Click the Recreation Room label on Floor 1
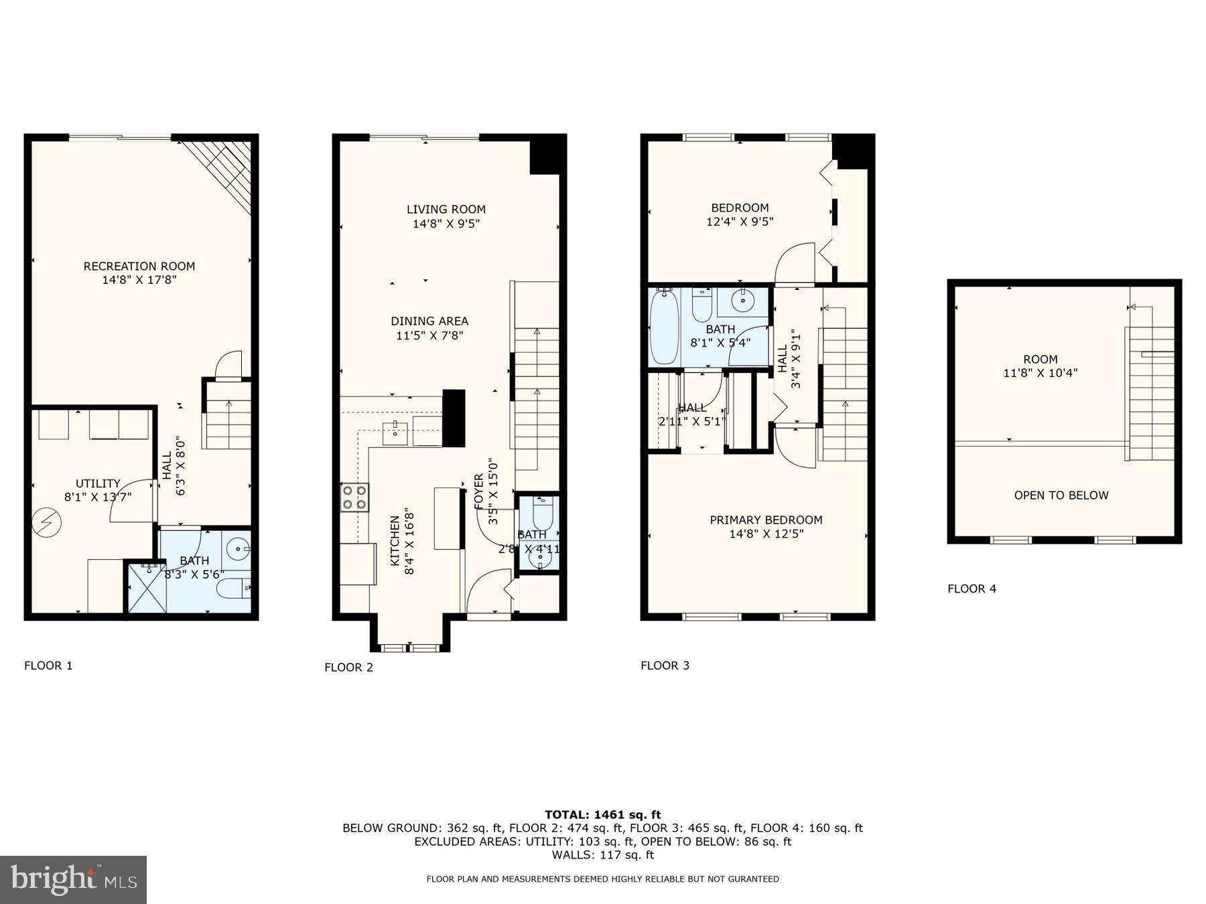pyautogui.click(x=139, y=266)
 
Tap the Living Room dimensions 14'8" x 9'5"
pyautogui.click(x=446, y=224)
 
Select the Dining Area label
pyautogui.click(x=429, y=321)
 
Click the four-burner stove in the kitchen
pyautogui.click(x=354, y=498)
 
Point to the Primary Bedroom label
pyautogui.click(x=766, y=520)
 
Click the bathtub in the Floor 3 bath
pyautogui.click(x=664, y=327)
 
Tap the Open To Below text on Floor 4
pyautogui.click(x=1061, y=496)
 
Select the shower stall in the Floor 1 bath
pyautogui.click(x=145, y=587)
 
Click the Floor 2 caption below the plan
pyautogui.click(x=348, y=667)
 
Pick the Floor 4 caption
pyautogui.click(x=972, y=589)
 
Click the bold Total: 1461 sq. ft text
pyautogui.click(x=602, y=814)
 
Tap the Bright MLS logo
pyautogui.click(x=73, y=879)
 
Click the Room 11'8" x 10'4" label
pyautogui.click(x=1040, y=366)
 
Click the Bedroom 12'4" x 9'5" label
pyautogui.click(x=740, y=214)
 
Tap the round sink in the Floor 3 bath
pyautogui.click(x=742, y=302)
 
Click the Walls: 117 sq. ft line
pyautogui.click(x=602, y=854)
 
